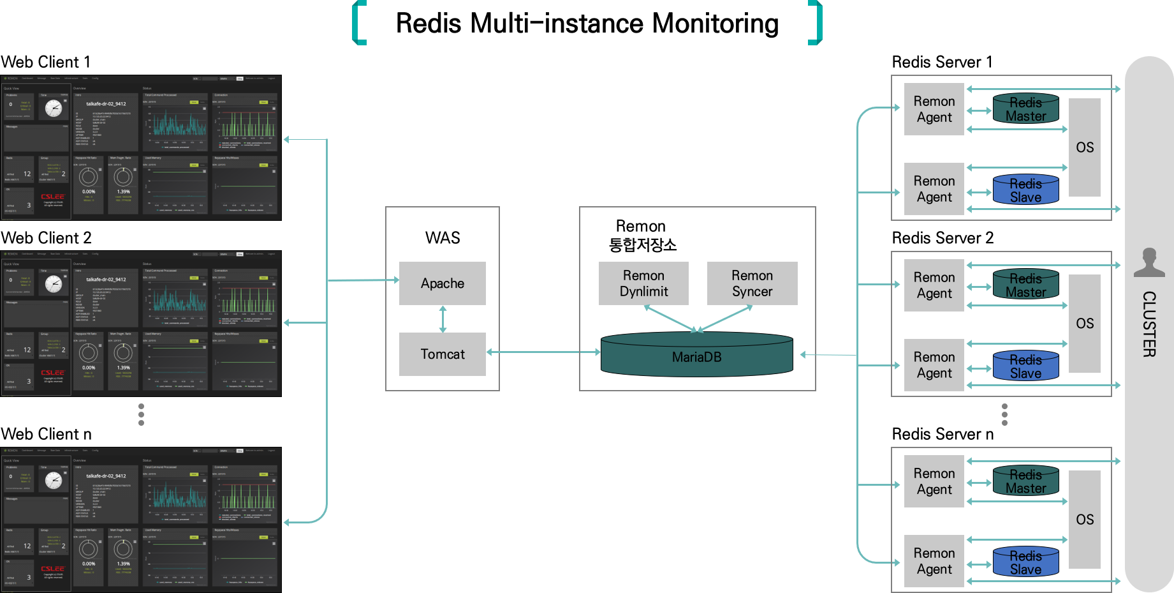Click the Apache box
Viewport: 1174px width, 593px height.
tap(442, 283)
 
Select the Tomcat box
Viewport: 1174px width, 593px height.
tap(442, 354)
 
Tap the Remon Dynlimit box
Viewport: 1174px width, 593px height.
tap(643, 283)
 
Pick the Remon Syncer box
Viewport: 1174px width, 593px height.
tap(752, 283)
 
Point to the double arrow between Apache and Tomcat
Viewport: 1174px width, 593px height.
tap(443, 319)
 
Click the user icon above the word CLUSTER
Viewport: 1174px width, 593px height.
tap(1149, 262)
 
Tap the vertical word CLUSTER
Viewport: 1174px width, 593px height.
tap(1149, 324)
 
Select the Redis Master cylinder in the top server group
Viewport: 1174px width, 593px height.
tap(1025, 109)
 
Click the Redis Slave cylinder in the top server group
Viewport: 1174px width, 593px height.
tap(1025, 190)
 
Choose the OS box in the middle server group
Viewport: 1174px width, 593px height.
tap(1084, 324)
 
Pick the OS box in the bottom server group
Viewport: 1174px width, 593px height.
tap(1084, 520)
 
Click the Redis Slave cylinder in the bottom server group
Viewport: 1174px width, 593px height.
tap(1025, 562)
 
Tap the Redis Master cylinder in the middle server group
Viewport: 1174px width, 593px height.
tap(1025, 285)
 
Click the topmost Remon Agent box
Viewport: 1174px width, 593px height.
tap(934, 109)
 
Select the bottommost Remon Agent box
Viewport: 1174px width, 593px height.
tap(934, 561)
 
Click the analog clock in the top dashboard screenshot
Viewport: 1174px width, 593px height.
tap(54, 109)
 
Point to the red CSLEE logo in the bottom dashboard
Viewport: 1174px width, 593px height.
tap(53, 569)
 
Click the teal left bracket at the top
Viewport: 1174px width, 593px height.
tap(359, 23)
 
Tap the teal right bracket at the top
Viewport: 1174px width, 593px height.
tap(816, 23)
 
